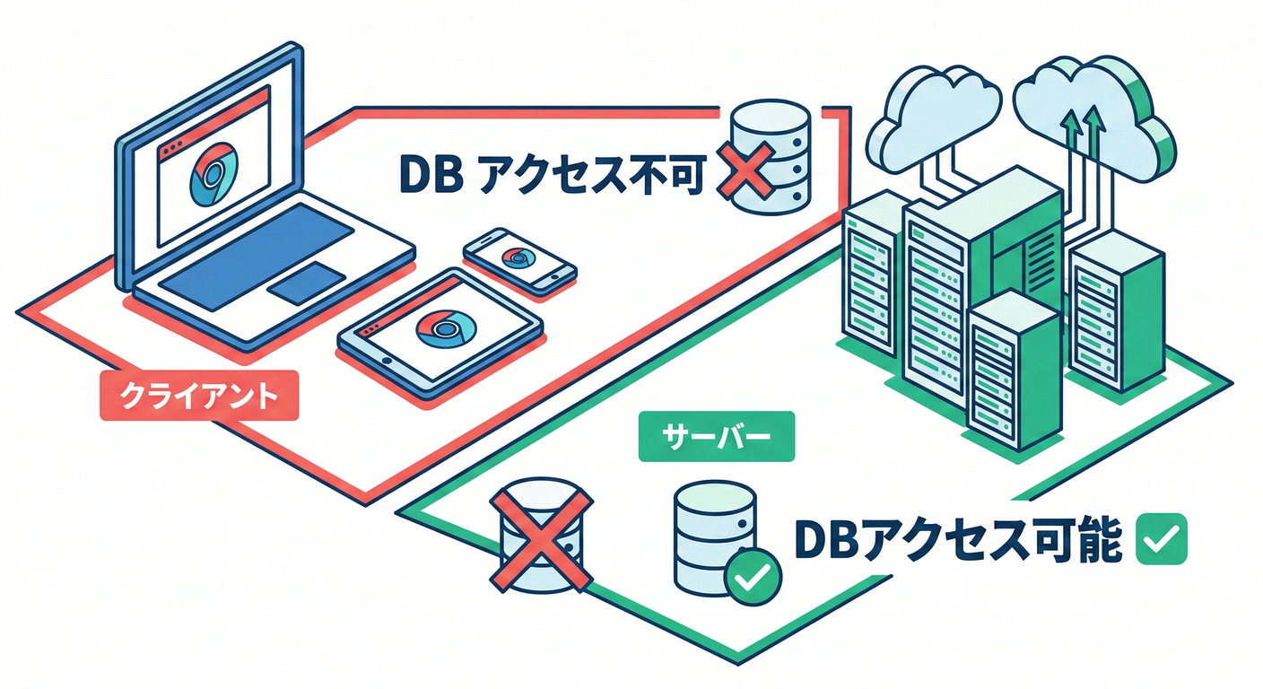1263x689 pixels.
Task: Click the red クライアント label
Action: click(197, 395)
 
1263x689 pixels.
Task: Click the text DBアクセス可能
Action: click(957, 539)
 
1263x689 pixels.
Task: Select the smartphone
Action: click(518, 260)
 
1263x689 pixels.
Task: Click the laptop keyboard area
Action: click(260, 251)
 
